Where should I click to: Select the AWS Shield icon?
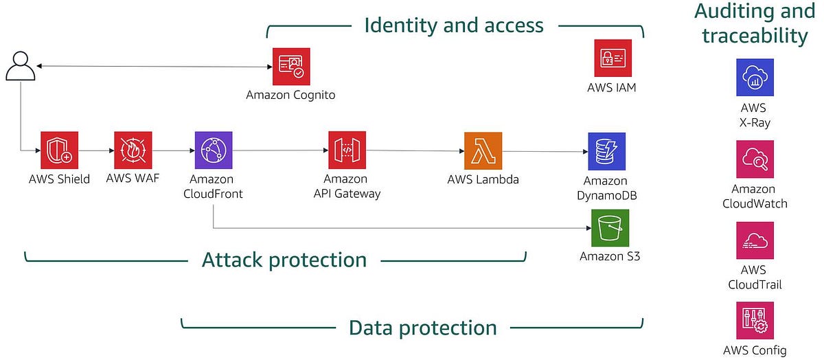(x=59, y=150)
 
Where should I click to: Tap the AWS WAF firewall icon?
(x=133, y=150)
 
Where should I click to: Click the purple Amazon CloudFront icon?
(x=213, y=150)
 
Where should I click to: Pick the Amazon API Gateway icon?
(x=346, y=150)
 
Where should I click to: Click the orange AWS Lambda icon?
(x=483, y=150)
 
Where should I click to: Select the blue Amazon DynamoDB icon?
(x=606, y=151)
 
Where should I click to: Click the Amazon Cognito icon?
(x=290, y=66)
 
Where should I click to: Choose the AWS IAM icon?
(x=612, y=58)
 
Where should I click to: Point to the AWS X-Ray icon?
(x=755, y=77)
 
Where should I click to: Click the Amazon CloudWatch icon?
(x=755, y=159)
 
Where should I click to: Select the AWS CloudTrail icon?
(x=755, y=240)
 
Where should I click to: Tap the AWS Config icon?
(x=755, y=320)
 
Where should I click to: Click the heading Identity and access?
(x=454, y=25)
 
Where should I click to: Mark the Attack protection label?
(x=284, y=260)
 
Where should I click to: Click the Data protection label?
(x=422, y=328)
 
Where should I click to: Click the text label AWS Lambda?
(x=483, y=180)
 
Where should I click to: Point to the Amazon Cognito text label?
(x=290, y=95)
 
